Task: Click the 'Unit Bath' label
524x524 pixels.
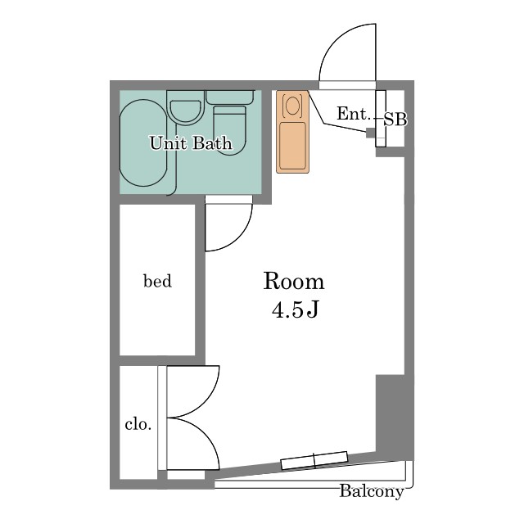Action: point(191,143)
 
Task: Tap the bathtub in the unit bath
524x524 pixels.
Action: point(143,142)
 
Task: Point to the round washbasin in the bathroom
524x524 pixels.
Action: point(186,111)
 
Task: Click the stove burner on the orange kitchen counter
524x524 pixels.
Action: point(292,106)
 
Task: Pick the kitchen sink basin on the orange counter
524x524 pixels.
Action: point(292,145)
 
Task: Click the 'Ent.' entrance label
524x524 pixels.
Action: point(354,114)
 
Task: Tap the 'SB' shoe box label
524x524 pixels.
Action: point(395,120)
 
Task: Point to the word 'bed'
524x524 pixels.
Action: point(157,281)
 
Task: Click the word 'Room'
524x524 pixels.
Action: point(293,282)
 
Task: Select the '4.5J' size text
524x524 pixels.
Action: point(296,310)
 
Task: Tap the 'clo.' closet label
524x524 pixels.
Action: point(138,424)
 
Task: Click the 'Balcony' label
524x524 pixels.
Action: point(372,491)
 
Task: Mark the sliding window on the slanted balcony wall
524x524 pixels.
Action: point(314,460)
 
